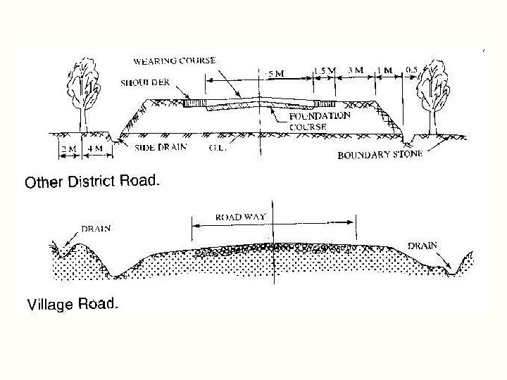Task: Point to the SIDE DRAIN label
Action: [160, 148]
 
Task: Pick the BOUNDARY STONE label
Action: [380, 155]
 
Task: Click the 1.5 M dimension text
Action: [324, 70]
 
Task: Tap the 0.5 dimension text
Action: [413, 70]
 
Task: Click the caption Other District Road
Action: [93, 182]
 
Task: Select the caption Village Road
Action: [73, 305]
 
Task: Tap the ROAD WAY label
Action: [240, 217]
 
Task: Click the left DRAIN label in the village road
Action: [96, 229]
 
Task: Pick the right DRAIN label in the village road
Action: [423, 246]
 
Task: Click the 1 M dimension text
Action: [384, 70]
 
